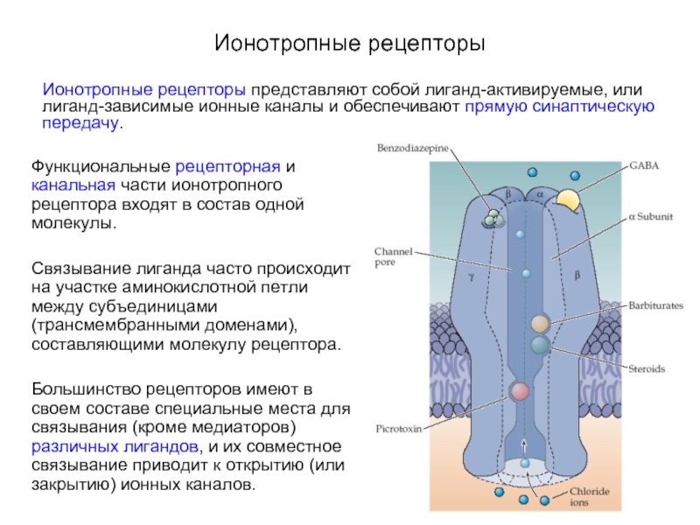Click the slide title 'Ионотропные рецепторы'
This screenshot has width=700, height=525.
click(349, 44)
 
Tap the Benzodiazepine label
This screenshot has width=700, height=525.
click(412, 148)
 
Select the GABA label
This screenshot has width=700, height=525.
click(644, 165)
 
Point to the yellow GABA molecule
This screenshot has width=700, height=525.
click(568, 200)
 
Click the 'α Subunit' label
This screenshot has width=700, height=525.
click(650, 216)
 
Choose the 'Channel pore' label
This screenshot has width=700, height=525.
click(387, 256)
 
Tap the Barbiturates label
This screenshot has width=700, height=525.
click(655, 305)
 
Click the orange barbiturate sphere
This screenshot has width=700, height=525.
click(540, 324)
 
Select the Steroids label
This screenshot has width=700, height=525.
click(647, 368)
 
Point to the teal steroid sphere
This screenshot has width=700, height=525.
click(540, 345)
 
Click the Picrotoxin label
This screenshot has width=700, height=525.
click(399, 429)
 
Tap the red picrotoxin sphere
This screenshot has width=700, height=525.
click(519, 391)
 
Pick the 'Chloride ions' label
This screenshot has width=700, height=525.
click(589, 496)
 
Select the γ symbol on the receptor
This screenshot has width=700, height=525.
click(472, 276)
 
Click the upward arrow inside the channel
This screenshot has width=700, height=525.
click(524, 444)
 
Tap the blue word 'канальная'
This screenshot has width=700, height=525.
click(73, 185)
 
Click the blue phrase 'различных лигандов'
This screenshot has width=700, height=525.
click(115, 446)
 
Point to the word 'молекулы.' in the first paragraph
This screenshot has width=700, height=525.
click(73, 223)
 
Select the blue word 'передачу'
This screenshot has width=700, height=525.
click(80, 122)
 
